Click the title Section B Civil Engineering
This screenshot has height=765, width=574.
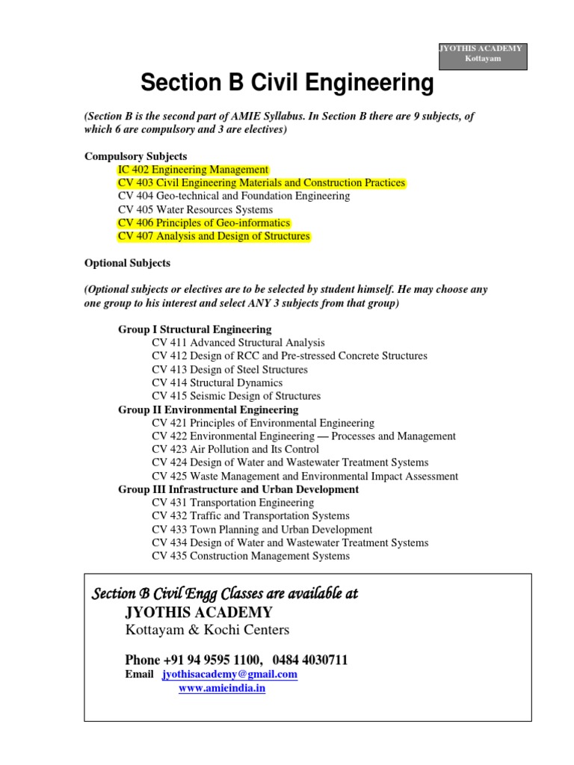pyautogui.click(x=287, y=84)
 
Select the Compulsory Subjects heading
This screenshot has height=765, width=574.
pyautogui.click(x=135, y=156)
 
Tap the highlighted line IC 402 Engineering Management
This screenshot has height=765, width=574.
pyautogui.click(x=193, y=170)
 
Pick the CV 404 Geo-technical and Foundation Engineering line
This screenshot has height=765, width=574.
pyautogui.click(x=234, y=196)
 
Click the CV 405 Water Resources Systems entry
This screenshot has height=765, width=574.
pyautogui.click(x=195, y=209)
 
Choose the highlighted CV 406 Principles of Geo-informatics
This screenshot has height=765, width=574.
pyautogui.click(x=204, y=223)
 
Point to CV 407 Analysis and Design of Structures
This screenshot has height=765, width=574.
pyautogui.click(x=214, y=236)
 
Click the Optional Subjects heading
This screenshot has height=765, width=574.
pyautogui.click(x=127, y=263)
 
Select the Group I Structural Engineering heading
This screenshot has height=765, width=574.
pyautogui.click(x=195, y=329)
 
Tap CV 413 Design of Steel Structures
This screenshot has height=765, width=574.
pyautogui.click(x=229, y=370)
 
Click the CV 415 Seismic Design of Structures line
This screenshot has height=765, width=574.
pyautogui.click(x=236, y=396)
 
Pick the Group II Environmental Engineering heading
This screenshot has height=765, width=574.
pyautogui.click(x=208, y=409)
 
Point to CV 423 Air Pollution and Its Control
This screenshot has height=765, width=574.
pyautogui.click(x=235, y=449)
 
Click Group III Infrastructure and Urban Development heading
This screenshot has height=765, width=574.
pyautogui.click(x=238, y=489)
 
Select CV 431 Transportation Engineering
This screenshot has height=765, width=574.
pyautogui.click(x=232, y=503)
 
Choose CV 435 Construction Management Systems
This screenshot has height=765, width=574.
pyautogui.click(x=250, y=556)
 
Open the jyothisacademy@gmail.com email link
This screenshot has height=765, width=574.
pyautogui.click(x=229, y=674)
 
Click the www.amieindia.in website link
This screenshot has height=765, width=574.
pyautogui.click(x=222, y=688)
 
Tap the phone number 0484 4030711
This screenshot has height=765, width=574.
pyautogui.click(x=310, y=660)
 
